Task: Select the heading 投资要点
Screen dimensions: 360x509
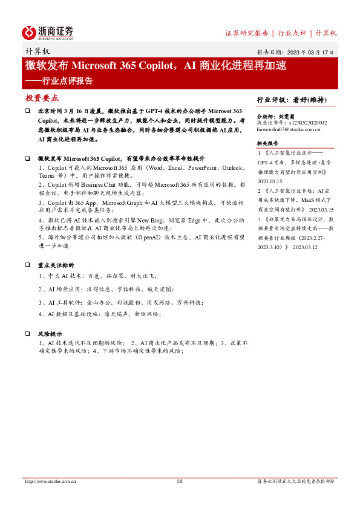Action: click(x=42, y=97)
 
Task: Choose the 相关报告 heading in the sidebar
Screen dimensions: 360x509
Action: click(x=267, y=144)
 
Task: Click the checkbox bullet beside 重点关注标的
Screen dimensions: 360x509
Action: click(x=28, y=265)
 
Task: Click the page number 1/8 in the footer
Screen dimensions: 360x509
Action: click(x=180, y=482)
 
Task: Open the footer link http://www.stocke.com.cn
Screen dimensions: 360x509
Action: click(x=50, y=482)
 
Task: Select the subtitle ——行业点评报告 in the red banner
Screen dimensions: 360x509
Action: click(x=59, y=80)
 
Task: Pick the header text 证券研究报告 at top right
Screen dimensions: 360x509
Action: click(x=246, y=33)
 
